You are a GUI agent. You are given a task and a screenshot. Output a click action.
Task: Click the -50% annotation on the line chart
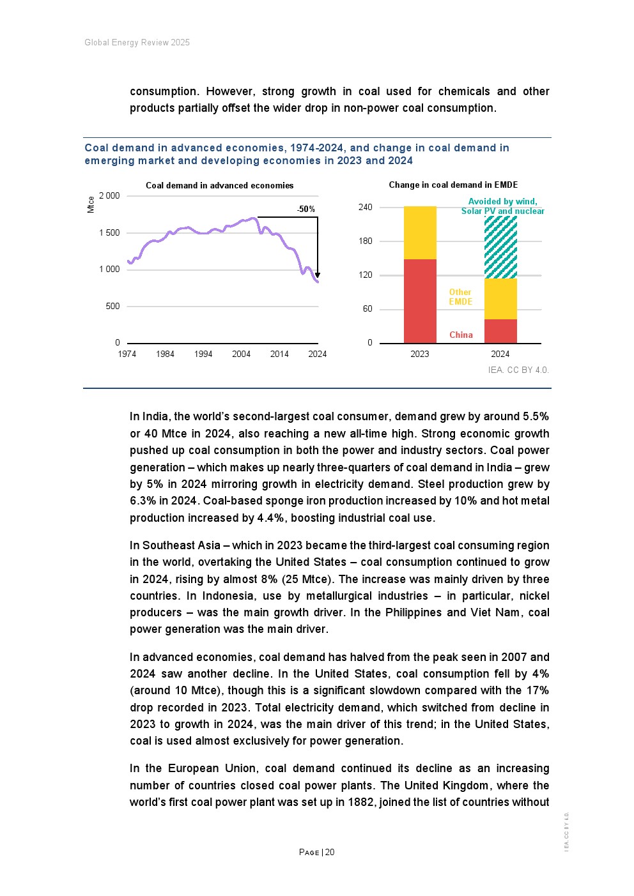pyautogui.click(x=306, y=209)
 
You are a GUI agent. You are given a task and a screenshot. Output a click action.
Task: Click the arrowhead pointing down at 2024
pyautogui.click(x=318, y=275)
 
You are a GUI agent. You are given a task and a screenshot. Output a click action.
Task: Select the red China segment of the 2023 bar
pyautogui.click(x=420, y=301)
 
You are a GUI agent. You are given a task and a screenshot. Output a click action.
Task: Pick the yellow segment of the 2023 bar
pyautogui.click(x=420, y=232)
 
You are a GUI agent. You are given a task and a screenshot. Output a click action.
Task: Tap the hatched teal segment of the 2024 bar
pyautogui.click(x=500, y=247)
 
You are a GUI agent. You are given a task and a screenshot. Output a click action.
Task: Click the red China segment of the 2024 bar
pyautogui.click(x=500, y=331)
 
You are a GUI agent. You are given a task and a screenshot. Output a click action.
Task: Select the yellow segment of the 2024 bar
pyautogui.click(x=500, y=299)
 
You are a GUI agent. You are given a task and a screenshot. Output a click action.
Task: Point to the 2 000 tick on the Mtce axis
pyautogui.click(x=109, y=196)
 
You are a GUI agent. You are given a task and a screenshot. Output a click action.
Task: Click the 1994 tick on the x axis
pyautogui.click(x=203, y=354)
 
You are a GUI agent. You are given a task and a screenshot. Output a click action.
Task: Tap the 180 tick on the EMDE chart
pyautogui.click(x=366, y=241)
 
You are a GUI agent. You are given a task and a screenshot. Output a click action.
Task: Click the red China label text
pyautogui.click(x=461, y=335)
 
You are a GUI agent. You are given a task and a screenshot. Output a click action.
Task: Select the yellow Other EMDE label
pyautogui.click(x=460, y=297)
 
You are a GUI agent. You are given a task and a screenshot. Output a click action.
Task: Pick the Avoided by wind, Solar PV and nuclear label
pyautogui.click(x=503, y=206)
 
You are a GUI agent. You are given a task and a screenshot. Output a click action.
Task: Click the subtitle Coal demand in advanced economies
pyautogui.click(x=219, y=186)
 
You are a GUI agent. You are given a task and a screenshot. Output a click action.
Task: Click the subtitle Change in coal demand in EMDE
pyautogui.click(x=453, y=185)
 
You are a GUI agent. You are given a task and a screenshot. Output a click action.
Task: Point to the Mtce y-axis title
pyautogui.click(x=91, y=204)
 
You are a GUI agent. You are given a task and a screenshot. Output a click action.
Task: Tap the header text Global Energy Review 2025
pyautogui.click(x=137, y=43)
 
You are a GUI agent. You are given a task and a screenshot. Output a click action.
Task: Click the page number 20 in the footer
pyautogui.click(x=330, y=852)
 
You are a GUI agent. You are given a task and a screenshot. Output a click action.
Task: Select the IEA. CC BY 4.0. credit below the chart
pyautogui.click(x=518, y=370)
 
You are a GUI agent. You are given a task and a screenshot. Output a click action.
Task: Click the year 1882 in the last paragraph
pyautogui.click(x=361, y=802)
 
